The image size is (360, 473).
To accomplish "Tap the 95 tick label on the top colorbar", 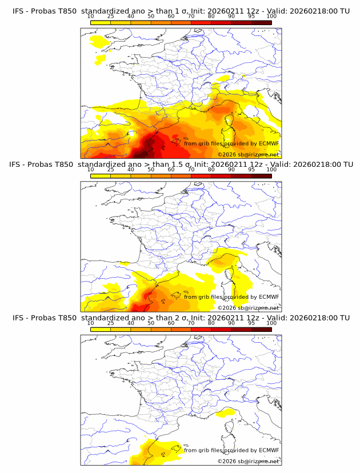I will (251, 17).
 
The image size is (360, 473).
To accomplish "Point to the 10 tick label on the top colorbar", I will (90, 17).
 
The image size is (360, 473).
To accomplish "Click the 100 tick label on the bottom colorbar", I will (271, 323).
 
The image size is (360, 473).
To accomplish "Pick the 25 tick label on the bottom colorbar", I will (110, 323).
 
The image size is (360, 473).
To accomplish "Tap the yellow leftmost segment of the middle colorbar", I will (100, 176).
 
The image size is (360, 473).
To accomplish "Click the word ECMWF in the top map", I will (269, 143).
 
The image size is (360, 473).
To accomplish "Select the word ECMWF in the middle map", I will (269, 296).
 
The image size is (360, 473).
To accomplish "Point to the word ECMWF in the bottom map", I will (269, 450).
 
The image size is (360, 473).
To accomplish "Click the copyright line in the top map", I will (248, 154).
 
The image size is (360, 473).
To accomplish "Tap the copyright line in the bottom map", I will (248, 461).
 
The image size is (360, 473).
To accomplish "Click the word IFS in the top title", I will (18, 11).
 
